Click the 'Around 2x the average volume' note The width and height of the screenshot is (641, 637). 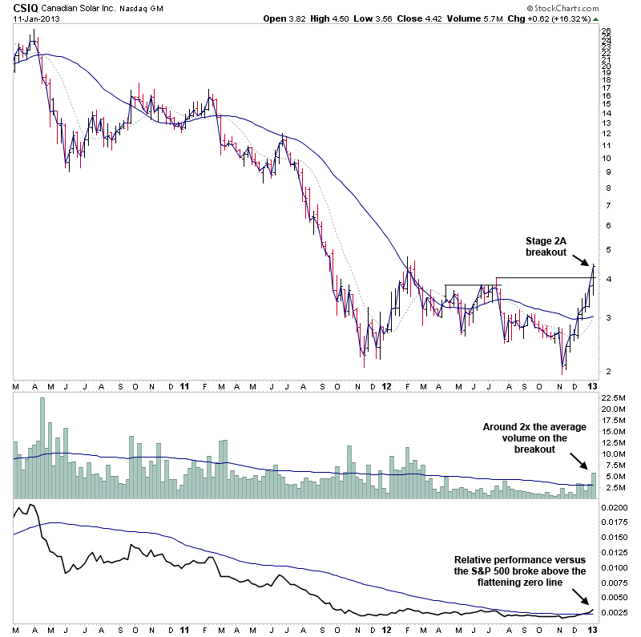[534, 437]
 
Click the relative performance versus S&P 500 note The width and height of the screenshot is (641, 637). [520, 570]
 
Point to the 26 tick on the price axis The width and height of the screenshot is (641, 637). [606, 30]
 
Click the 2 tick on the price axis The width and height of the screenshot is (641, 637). [603, 372]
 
